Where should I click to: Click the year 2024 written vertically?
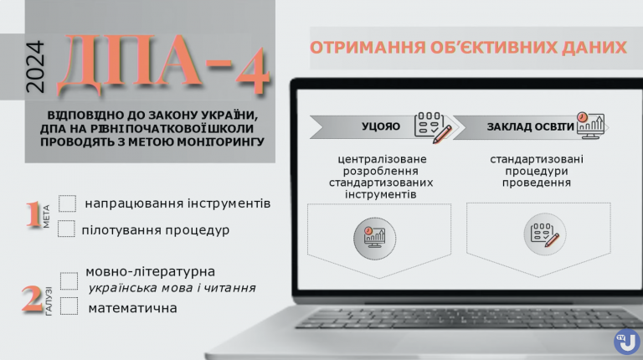(x=35, y=67)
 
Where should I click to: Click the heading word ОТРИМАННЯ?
(x=368, y=48)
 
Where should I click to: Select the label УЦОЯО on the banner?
(x=381, y=126)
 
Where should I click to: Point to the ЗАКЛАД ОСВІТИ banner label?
(x=530, y=126)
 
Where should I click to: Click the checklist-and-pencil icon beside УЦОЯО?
(x=433, y=127)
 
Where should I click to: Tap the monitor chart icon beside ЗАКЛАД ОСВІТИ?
(x=590, y=125)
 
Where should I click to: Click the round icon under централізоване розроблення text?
(x=375, y=239)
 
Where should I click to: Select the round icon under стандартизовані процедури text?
(x=544, y=234)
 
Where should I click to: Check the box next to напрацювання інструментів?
(x=67, y=203)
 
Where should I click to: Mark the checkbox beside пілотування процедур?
(x=66, y=229)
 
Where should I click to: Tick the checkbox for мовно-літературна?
(x=69, y=280)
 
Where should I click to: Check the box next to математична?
(x=69, y=306)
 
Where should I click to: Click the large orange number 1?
(x=33, y=214)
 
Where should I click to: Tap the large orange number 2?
(x=32, y=300)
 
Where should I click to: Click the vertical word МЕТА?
(x=46, y=217)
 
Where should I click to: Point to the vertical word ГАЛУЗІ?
(x=49, y=301)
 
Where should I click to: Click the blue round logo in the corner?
(x=626, y=341)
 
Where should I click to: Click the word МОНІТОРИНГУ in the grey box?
(x=217, y=141)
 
